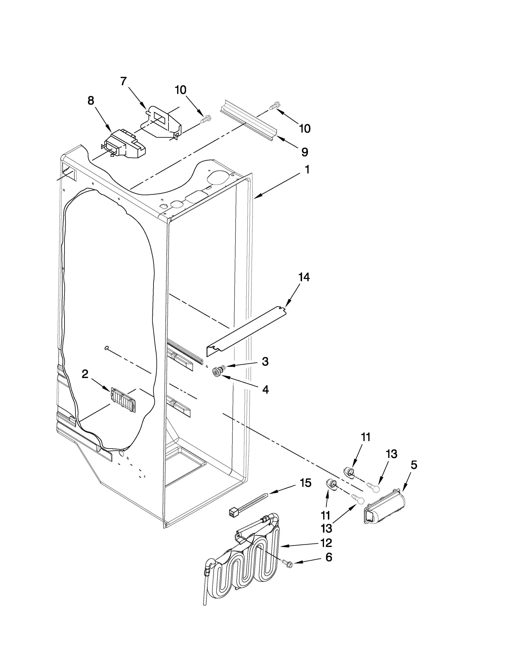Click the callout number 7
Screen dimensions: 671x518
123,81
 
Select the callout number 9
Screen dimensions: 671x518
305,152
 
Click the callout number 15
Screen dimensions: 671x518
305,483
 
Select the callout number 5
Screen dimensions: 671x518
414,465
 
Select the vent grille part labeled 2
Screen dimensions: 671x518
123,400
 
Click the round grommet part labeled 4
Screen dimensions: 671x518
217,373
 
